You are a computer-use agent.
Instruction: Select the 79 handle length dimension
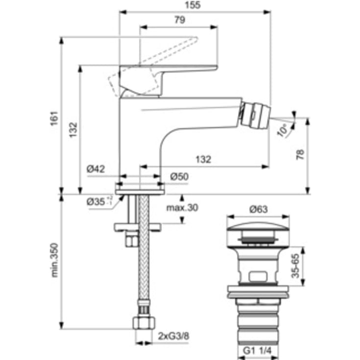pyautogui.click(x=179, y=20)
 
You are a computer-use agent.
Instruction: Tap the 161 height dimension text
pyautogui.click(x=54, y=119)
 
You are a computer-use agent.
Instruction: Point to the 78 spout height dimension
pyautogui.click(x=300, y=155)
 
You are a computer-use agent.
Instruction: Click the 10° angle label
pyautogui.click(x=283, y=130)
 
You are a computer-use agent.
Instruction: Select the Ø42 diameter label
pyautogui.click(x=96, y=168)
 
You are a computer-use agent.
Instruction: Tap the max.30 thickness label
pyautogui.click(x=182, y=208)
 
